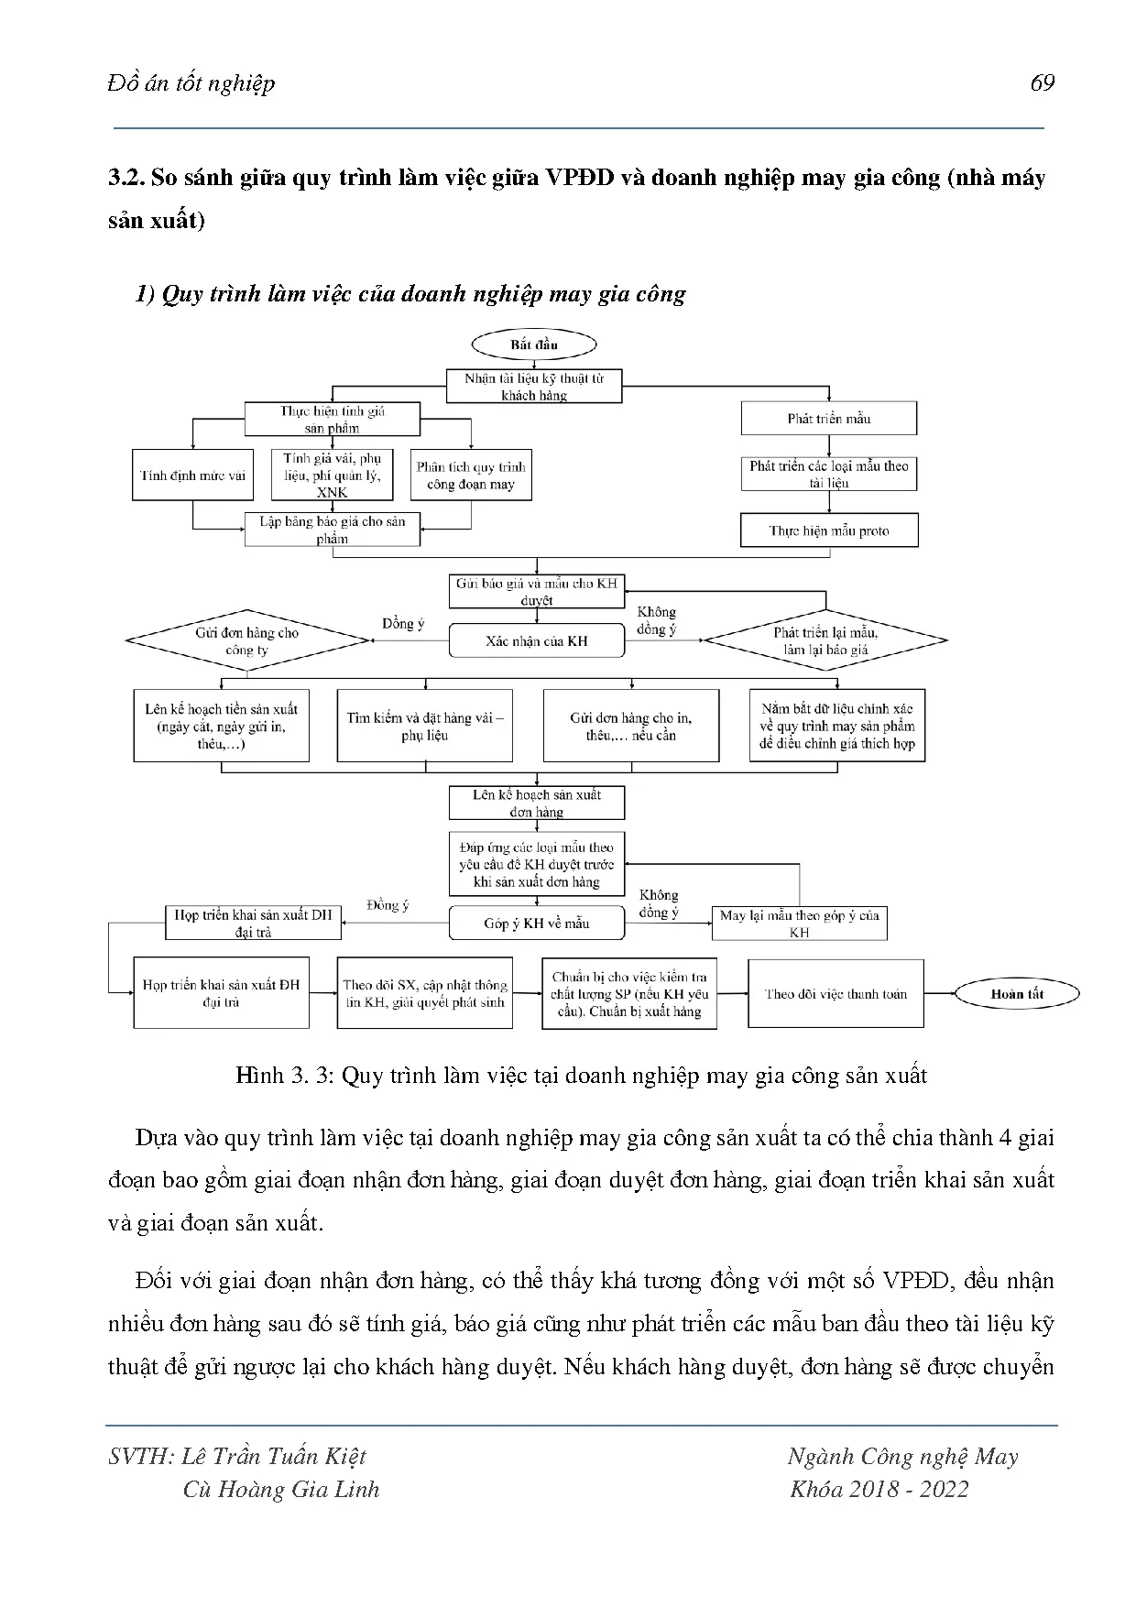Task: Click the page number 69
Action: (x=1043, y=83)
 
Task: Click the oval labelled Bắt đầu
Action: (x=534, y=345)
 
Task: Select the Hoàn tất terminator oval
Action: (x=1017, y=994)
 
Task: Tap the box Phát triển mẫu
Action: (x=828, y=419)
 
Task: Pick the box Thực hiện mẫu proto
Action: (x=828, y=530)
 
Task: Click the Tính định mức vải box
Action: (x=193, y=476)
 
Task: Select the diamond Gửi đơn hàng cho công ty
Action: (x=246, y=641)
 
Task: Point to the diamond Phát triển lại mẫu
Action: (x=825, y=641)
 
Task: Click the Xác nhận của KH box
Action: (x=536, y=641)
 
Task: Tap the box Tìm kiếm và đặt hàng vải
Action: (x=424, y=727)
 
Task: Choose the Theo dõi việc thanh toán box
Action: (x=836, y=994)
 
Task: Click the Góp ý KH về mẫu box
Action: (x=536, y=924)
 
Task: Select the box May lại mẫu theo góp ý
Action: (x=799, y=924)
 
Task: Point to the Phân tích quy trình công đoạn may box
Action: (x=471, y=476)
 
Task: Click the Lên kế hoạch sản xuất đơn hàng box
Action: (x=536, y=803)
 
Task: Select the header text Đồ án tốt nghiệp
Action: (x=191, y=83)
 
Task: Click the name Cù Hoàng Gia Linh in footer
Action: (x=280, y=1489)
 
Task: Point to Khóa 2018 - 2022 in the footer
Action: (x=879, y=1489)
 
